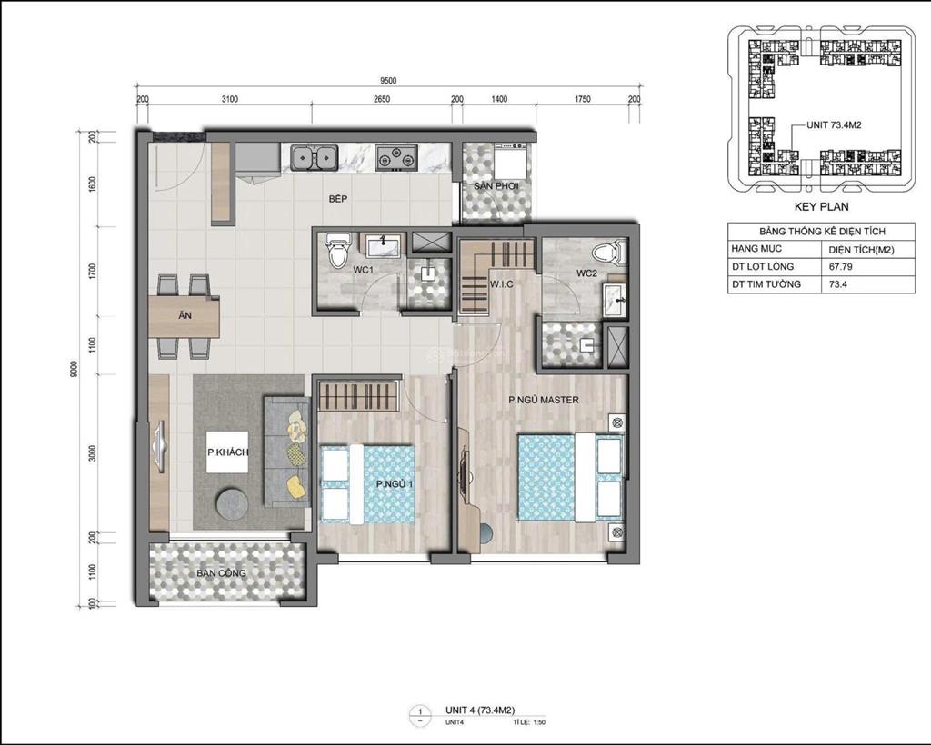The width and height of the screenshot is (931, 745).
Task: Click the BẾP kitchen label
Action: (x=338, y=198)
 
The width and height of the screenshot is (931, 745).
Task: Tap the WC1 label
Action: (x=337, y=271)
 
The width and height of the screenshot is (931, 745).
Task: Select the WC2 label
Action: (x=586, y=273)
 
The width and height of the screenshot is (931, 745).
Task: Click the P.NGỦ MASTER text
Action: (x=543, y=400)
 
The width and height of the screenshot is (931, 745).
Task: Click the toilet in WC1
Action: (x=337, y=249)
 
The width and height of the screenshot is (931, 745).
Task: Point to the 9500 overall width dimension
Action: (x=389, y=80)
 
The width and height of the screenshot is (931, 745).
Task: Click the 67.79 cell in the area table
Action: (x=840, y=266)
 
